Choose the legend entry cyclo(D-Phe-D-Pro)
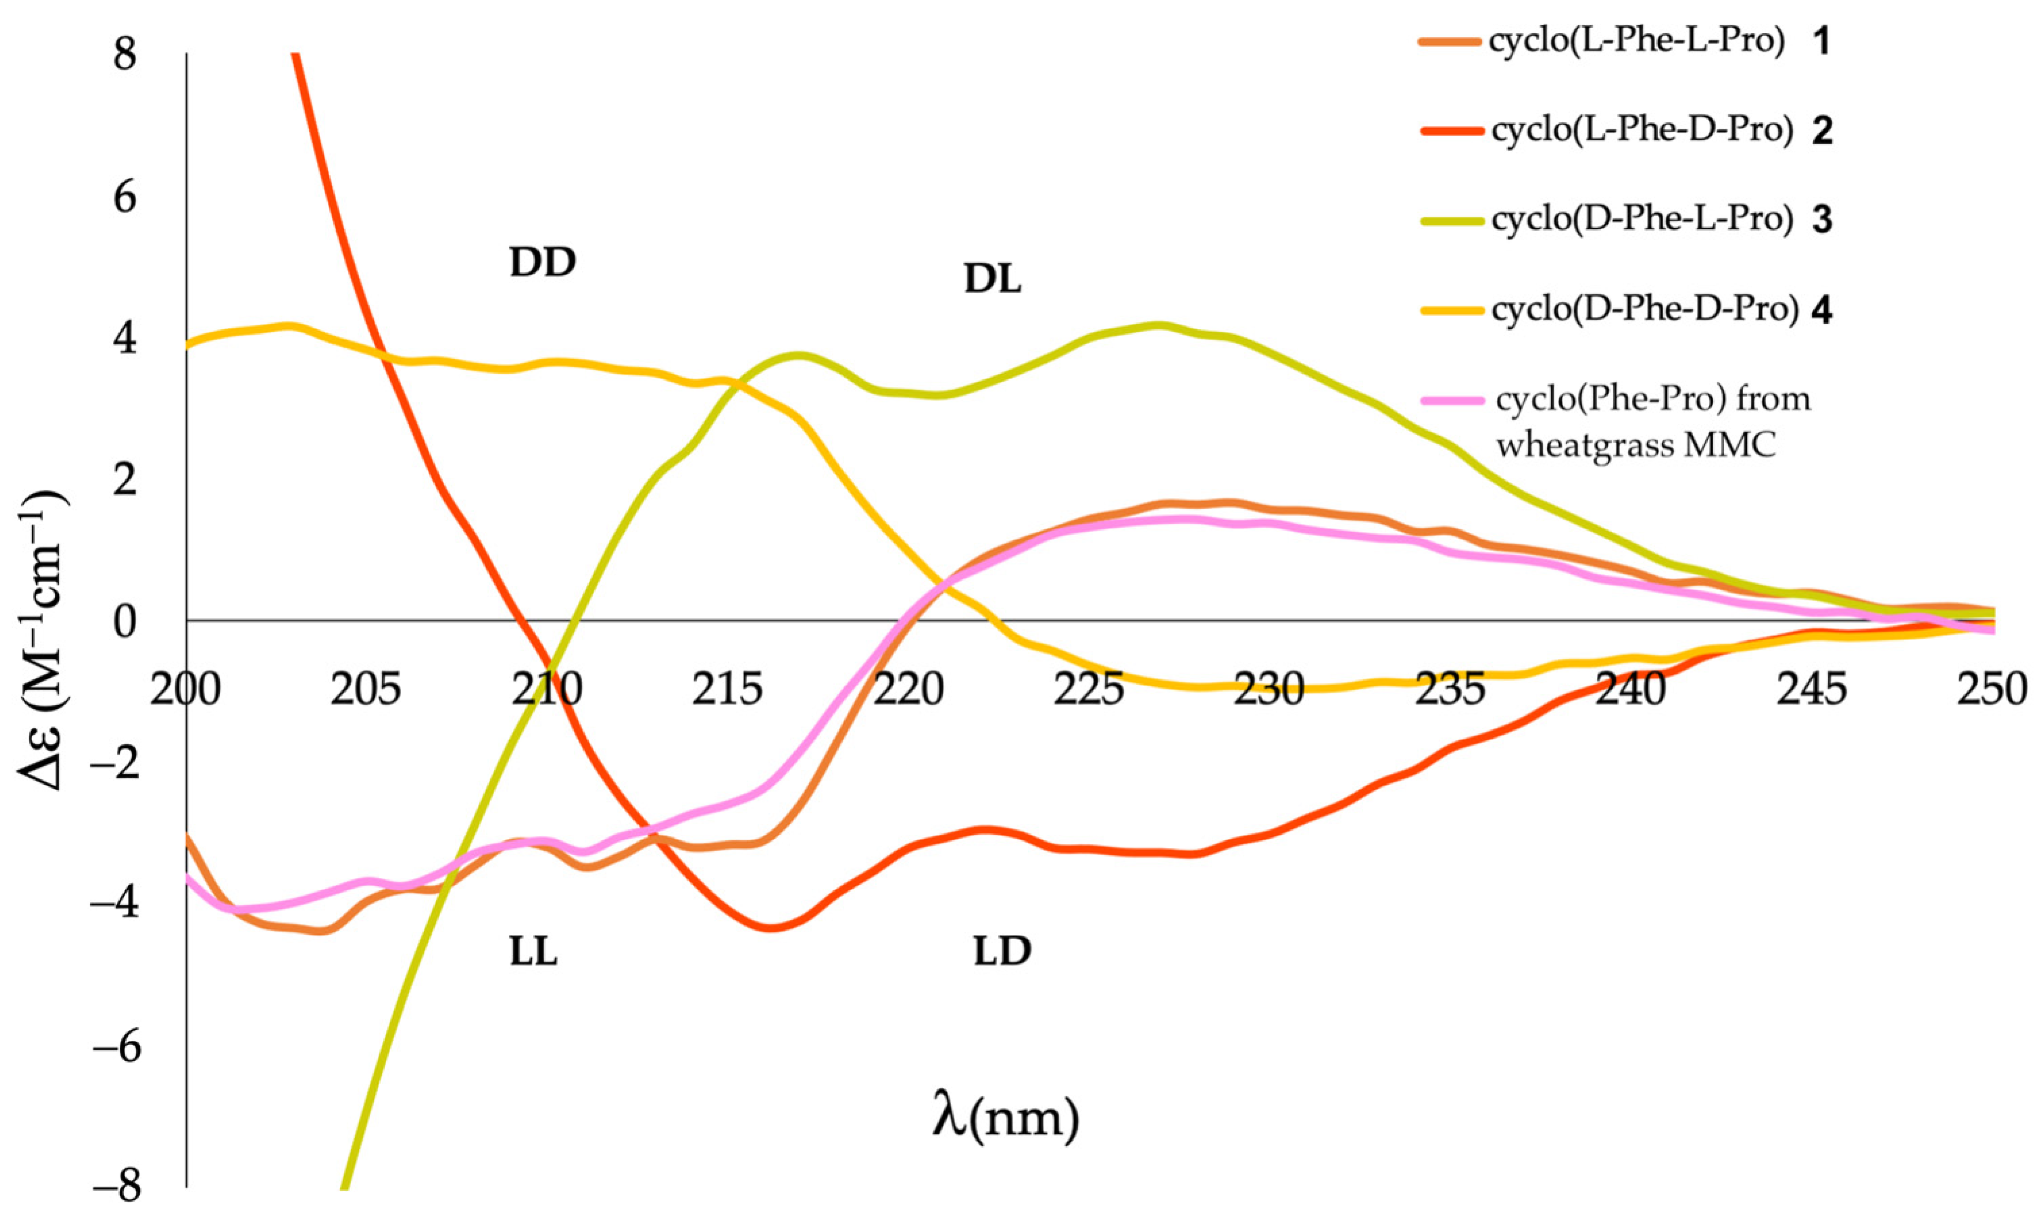1644,309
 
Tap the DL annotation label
992,281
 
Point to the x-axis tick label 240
1631,690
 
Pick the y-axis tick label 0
125,622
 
